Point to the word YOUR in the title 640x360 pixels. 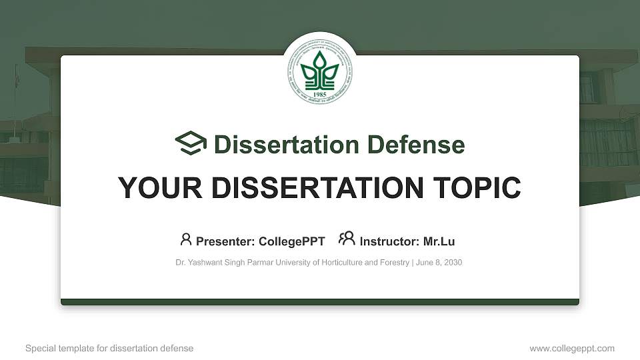point(151,188)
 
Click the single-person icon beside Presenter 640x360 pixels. point(185,239)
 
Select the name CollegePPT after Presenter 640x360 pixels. point(292,241)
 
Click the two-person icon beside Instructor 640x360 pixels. point(347,239)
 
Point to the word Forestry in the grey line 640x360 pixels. point(393,263)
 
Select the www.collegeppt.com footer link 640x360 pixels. point(572,348)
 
